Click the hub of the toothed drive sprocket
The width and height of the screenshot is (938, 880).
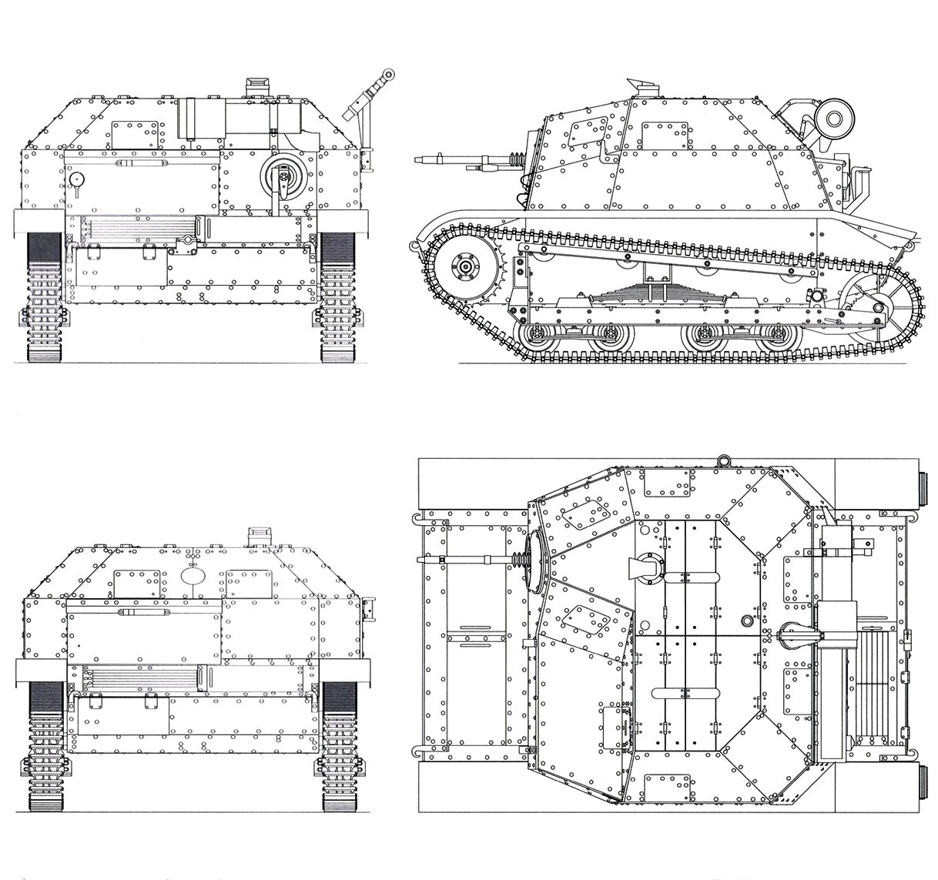tap(466, 266)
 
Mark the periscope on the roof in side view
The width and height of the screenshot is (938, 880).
tap(642, 87)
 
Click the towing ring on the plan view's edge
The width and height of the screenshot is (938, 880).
tap(723, 460)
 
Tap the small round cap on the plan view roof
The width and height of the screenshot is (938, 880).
tap(745, 621)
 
